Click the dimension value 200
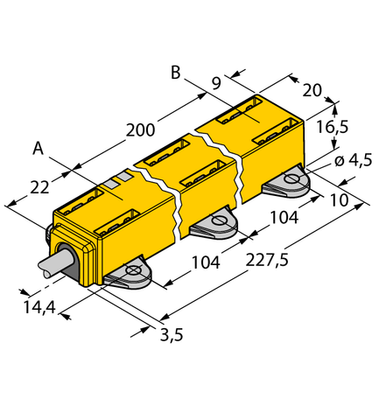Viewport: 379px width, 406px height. pyautogui.click(x=140, y=130)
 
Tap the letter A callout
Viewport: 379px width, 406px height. pyautogui.click(x=38, y=149)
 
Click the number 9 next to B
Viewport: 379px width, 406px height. pyautogui.click(x=215, y=85)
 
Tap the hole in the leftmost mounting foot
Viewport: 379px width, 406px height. pyautogui.click(x=132, y=272)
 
